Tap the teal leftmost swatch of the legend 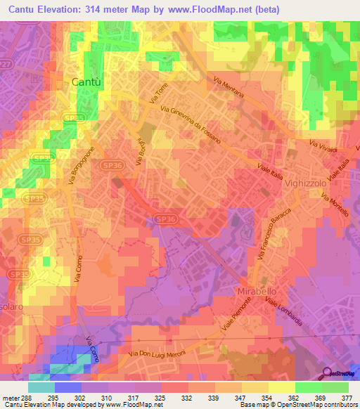(41, 387)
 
